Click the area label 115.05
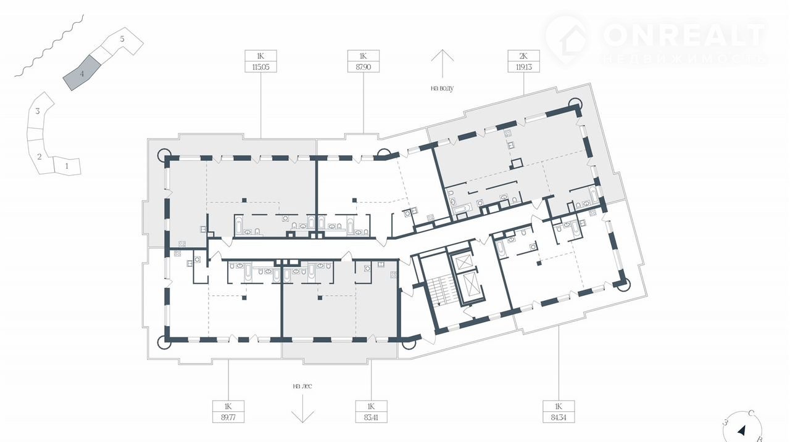pos(260,67)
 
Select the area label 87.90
pos(364,67)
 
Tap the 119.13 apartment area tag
pos(523,67)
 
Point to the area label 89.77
pos(228,417)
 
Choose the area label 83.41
pos(371,417)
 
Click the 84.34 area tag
pos(559,417)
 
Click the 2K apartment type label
pos(523,56)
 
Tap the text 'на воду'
pos(443,88)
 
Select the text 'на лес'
pos(302,386)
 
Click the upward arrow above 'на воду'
pos(443,63)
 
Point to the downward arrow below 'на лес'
pos(302,409)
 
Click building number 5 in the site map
pos(122,39)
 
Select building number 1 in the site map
pos(67,166)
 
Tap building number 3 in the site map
pos(38,112)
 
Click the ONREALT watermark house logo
pos(567,39)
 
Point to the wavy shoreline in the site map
pos(49,46)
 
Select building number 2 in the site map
pos(39,157)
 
